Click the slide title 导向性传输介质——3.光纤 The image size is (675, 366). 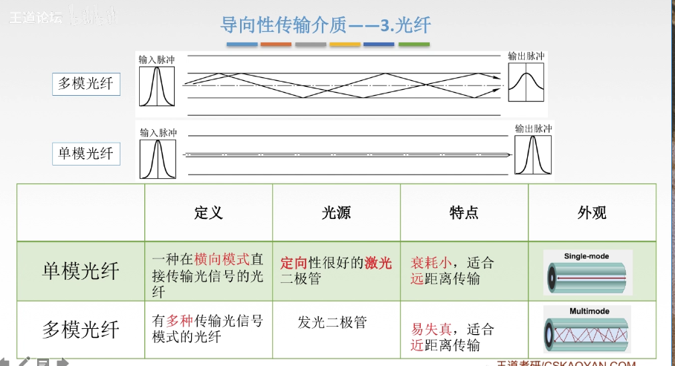pyautogui.click(x=326, y=24)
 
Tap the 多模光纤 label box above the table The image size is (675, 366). pyautogui.click(x=86, y=83)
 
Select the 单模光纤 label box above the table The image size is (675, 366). pyautogui.click(x=86, y=153)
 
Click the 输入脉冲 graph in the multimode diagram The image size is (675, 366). pyautogui.click(x=157, y=85)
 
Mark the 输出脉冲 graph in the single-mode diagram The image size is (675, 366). pyautogui.click(x=534, y=155)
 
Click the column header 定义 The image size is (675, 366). pyautogui.click(x=208, y=213)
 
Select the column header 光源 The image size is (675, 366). pyautogui.click(x=336, y=213)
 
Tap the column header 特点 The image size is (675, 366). pyautogui.click(x=464, y=213)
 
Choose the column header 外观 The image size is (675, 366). pyautogui.click(x=592, y=213)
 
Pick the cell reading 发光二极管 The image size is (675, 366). pyautogui.click(x=332, y=322)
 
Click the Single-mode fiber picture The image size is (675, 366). pyautogui.click(x=587, y=272)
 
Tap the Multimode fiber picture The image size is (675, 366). pyautogui.click(x=587, y=329)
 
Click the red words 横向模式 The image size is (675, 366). pyautogui.click(x=222, y=259)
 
